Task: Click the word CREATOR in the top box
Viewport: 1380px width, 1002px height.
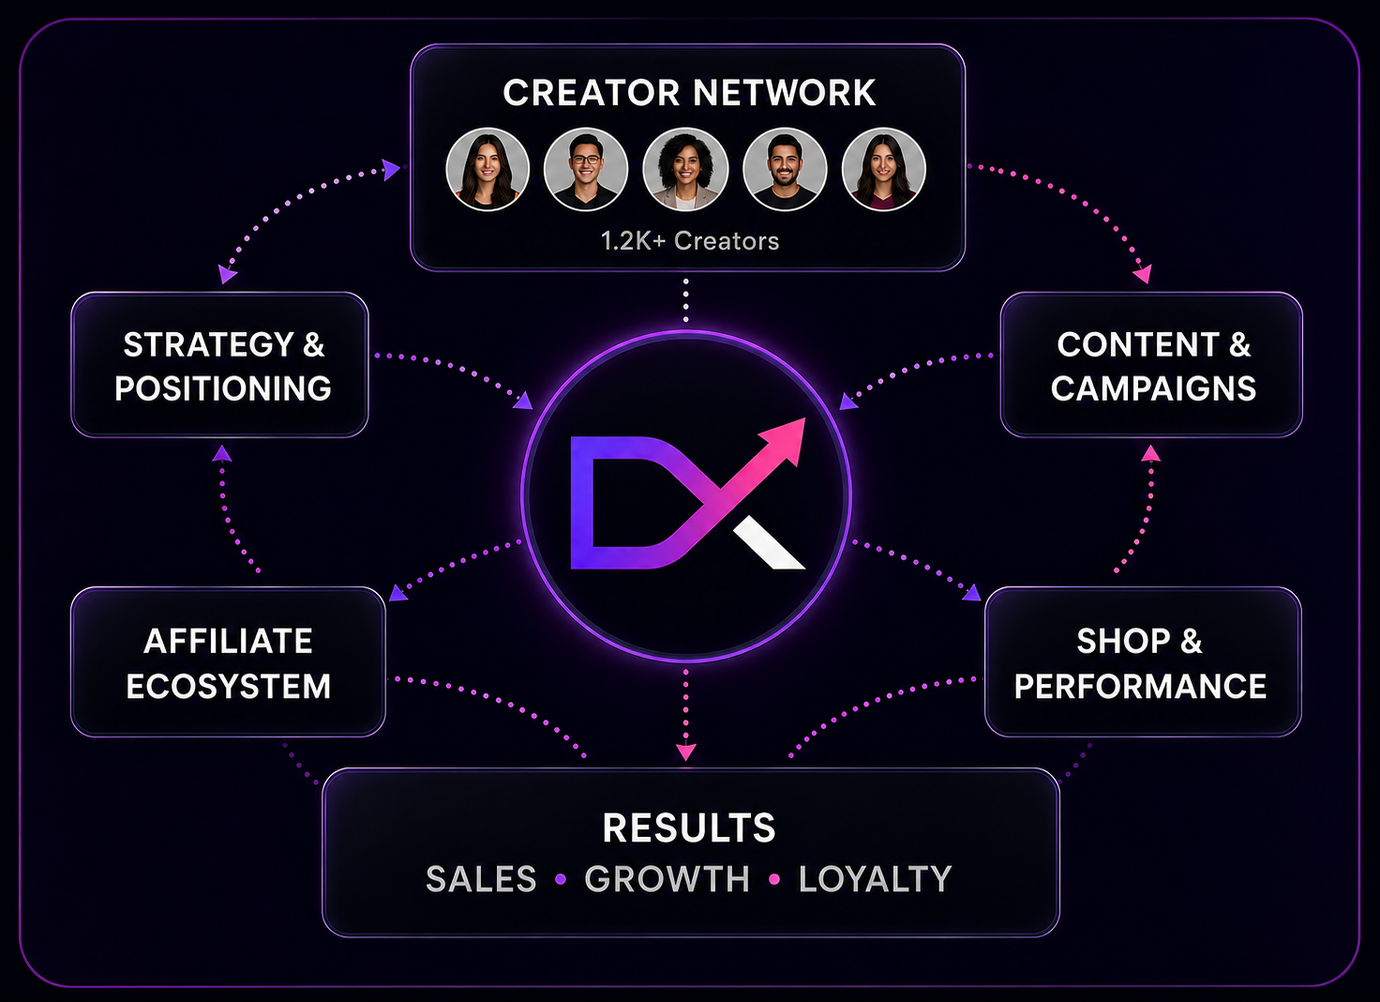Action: pos(591,93)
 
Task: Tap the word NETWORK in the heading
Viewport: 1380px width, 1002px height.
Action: pos(785,93)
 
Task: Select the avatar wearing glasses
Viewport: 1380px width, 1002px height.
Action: pos(585,169)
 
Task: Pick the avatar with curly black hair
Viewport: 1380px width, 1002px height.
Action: pos(685,169)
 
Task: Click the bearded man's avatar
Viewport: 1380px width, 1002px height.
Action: pos(785,169)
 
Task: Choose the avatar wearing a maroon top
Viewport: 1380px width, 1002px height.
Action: pos(883,169)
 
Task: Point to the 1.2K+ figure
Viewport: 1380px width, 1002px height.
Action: pos(634,241)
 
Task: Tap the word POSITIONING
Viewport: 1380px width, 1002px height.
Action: pos(223,388)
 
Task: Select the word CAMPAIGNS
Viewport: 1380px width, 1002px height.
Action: pos(1153,388)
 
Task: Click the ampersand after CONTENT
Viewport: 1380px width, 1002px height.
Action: pos(1240,344)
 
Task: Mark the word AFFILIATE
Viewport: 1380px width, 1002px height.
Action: pos(228,642)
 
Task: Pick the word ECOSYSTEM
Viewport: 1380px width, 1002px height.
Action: pos(229,686)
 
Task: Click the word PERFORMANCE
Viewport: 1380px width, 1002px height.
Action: pos(1140,686)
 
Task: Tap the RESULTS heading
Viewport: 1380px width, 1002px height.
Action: pos(689,827)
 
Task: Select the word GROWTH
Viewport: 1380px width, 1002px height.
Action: pos(667,879)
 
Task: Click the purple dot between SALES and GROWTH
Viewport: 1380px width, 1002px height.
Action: pos(561,879)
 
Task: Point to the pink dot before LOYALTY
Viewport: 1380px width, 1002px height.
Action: pos(774,879)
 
